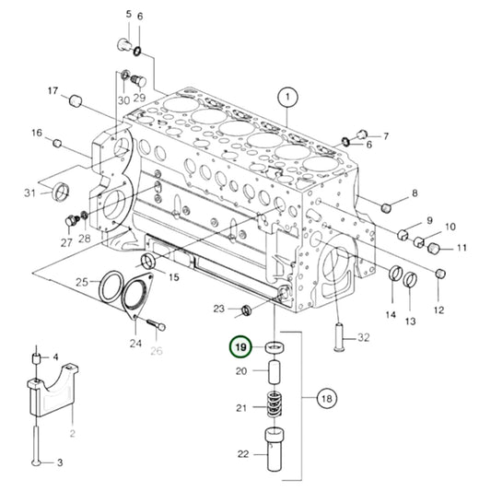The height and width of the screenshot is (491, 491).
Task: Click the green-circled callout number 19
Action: [x=240, y=347]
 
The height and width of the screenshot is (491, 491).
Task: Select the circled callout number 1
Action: [x=287, y=97]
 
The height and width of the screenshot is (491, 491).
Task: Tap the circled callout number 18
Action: [x=327, y=399]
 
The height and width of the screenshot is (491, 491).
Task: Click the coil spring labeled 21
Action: [x=274, y=404]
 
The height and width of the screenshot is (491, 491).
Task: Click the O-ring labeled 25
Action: [x=111, y=286]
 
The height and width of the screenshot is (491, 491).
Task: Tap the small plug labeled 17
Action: [x=76, y=101]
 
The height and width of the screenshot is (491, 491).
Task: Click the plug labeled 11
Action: [x=433, y=248]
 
